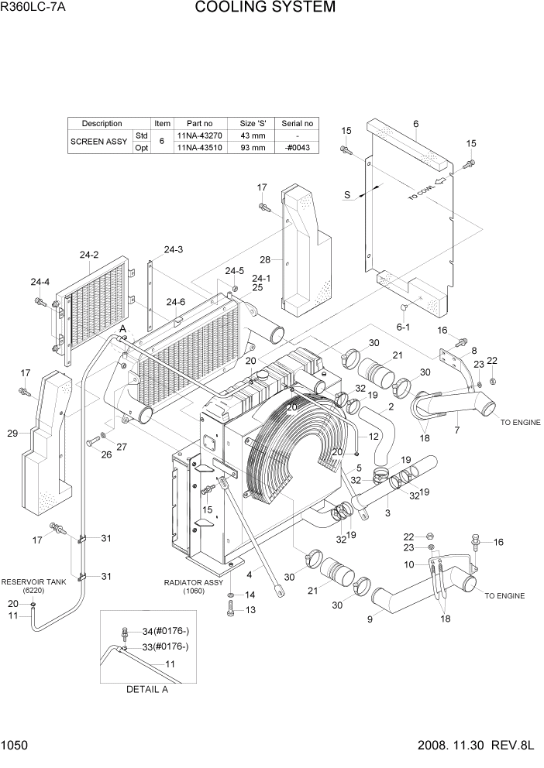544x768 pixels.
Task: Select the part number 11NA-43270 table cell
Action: pyautogui.click(x=198, y=135)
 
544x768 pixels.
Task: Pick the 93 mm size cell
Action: pyautogui.click(x=253, y=148)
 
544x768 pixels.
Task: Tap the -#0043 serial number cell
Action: pyautogui.click(x=296, y=148)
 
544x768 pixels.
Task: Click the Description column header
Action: pyautogui.click(x=102, y=123)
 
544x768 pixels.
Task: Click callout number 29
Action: pyautogui.click(x=12, y=434)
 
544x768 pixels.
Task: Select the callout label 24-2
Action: pyautogui.click(x=89, y=255)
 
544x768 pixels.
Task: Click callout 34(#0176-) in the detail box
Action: pyautogui.click(x=158, y=631)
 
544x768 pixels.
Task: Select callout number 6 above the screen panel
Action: pyautogui.click(x=416, y=124)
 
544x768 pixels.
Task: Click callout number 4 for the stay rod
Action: pyautogui.click(x=250, y=574)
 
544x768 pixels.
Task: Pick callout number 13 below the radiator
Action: pyautogui.click(x=250, y=610)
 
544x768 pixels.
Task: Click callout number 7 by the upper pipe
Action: pyautogui.click(x=456, y=429)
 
